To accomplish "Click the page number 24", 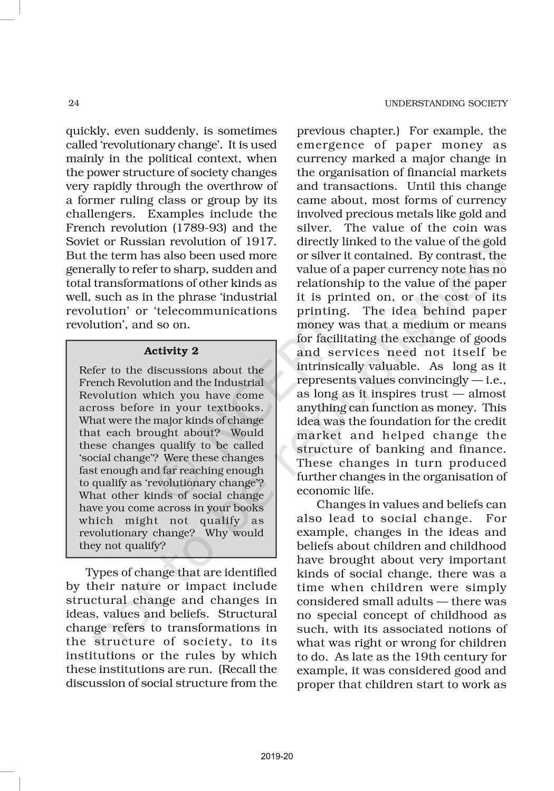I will click(74, 103).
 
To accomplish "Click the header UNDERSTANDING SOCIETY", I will click(446, 103).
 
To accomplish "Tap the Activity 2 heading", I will click(171, 351).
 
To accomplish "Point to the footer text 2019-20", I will click(276, 757).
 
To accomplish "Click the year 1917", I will click(261, 242).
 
